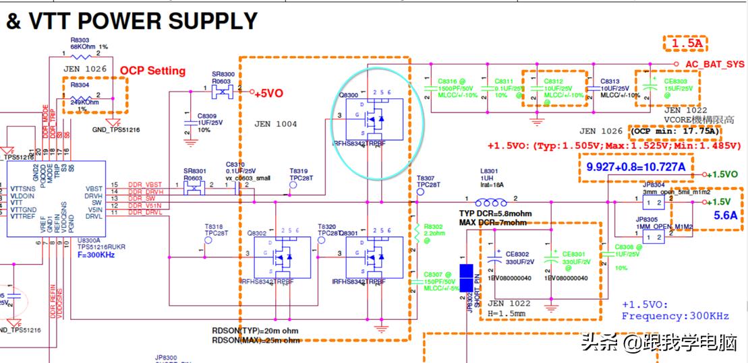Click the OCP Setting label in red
[x=152, y=71]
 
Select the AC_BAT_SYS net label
[x=714, y=65]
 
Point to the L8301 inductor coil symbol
[x=491, y=202]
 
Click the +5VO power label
[x=268, y=93]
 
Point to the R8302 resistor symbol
[x=418, y=234]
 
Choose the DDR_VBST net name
[x=146, y=185]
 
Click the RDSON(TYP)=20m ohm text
[x=255, y=331]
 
